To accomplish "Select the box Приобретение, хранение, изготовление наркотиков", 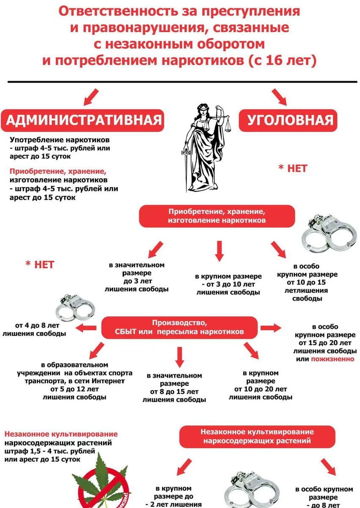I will point(216,216).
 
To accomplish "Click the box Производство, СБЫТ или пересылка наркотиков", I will point(179,327).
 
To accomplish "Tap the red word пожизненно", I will point(332,359).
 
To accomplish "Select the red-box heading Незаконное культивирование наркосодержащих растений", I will point(257,436).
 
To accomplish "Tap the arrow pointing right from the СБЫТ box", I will point(271,328).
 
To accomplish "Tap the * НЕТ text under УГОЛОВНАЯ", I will point(293,168).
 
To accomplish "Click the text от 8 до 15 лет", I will point(174,392).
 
